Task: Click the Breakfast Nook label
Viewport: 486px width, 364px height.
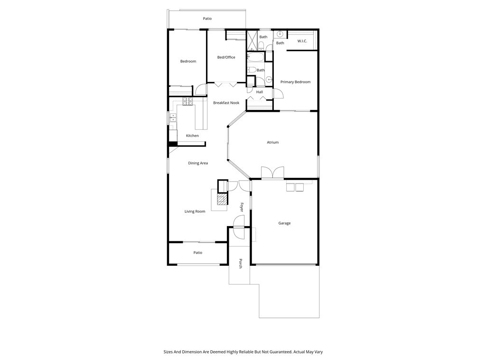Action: (x=226, y=103)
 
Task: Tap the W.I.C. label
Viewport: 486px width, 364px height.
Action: (x=302, y=41)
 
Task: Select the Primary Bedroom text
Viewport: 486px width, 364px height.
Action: (x=295, y=82)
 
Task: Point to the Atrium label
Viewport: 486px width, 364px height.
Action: (x=272, y=142)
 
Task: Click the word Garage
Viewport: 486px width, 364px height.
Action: (x=284, y=223)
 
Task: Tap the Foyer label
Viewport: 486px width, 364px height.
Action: (x=242, y=207)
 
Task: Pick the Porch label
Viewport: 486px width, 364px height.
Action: (x=241, y=264)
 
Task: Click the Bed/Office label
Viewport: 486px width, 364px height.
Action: (x=226, y=57)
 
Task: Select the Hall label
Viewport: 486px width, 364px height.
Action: (x=259, y=92)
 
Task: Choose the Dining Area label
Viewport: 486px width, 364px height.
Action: (x=198, y=163)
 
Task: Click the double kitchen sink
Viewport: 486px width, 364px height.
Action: (x=173, y=117)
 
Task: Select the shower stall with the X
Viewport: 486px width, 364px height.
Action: (x=252, y=40)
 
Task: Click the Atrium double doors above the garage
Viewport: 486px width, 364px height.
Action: (x=272, y=173)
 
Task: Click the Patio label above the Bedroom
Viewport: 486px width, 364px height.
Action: (x=207, y=19)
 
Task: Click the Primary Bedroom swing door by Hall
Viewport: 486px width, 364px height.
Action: (x=278, y=93)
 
